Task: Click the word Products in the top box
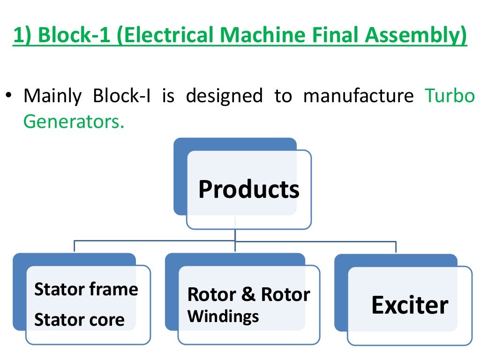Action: (x=248, y=190)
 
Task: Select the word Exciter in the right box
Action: (x=410, y=306)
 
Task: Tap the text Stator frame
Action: (x=86, y=289)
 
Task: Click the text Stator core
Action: (x=79, y=320)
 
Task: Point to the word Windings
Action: (x=223, y=316)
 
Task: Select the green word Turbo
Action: (x=450, y=96)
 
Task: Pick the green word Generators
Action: (x=74, y=121)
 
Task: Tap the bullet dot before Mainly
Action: (x=8, y=96)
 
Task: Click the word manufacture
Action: (x=359, y=96)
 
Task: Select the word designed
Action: (x=224, y=96)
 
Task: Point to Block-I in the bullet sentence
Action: (x=121, y=96)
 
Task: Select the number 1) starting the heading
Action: (x=22, y=36)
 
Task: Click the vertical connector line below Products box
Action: (x=235, y=234)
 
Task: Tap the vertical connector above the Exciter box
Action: (x=396, y=247)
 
